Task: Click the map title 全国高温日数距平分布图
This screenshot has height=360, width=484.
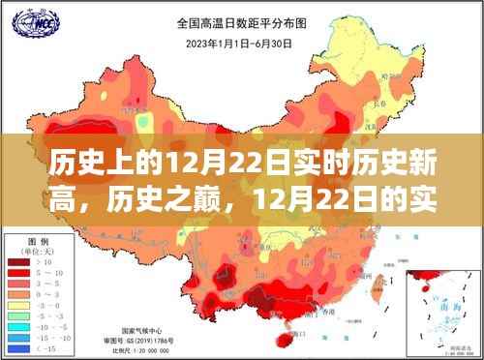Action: [241, 20]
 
